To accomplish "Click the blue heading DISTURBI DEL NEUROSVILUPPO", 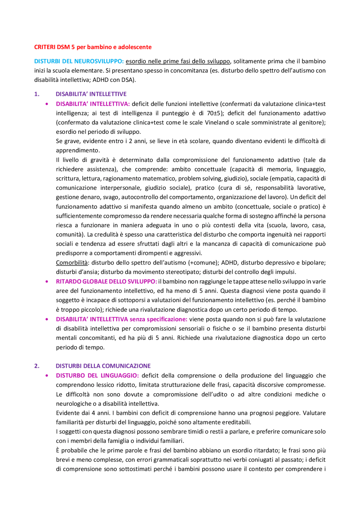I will [79, 61].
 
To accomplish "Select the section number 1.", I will [37, 94].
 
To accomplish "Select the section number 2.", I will [37, 366].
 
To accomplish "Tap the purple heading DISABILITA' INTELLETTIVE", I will [91, 94].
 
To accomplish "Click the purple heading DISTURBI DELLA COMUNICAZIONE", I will [103, 366].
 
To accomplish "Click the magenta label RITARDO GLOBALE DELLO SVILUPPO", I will [106, 281].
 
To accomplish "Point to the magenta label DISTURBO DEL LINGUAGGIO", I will [97, 375].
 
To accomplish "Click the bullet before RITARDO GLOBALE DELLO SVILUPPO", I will [47, 282].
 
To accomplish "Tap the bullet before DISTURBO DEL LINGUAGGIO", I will [47, 376].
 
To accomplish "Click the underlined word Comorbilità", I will [72, 263].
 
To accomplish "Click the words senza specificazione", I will [158, 319].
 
